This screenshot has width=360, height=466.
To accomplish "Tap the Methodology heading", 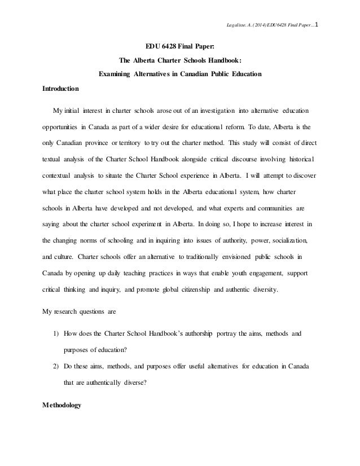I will coord(62,405).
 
